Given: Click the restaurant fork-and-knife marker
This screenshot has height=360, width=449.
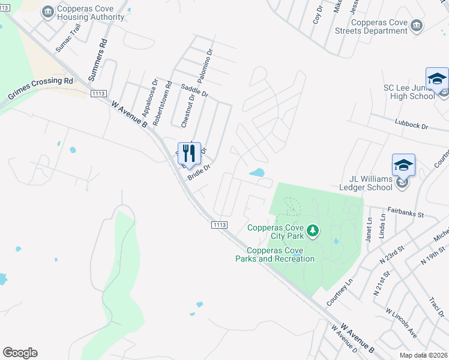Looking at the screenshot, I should point(189,154).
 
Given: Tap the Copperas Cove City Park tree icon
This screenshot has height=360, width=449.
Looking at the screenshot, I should point(312,230).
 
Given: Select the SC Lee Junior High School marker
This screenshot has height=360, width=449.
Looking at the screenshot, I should point(437,80).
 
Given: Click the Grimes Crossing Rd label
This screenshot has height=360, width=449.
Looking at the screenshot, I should point(40,88).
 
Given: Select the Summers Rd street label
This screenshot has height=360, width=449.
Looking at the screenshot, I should point(96,61).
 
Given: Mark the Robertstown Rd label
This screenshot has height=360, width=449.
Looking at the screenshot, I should point(161,103).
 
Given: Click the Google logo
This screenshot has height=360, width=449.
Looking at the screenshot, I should point(20,353).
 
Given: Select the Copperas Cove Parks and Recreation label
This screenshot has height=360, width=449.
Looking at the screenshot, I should point(275,254).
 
